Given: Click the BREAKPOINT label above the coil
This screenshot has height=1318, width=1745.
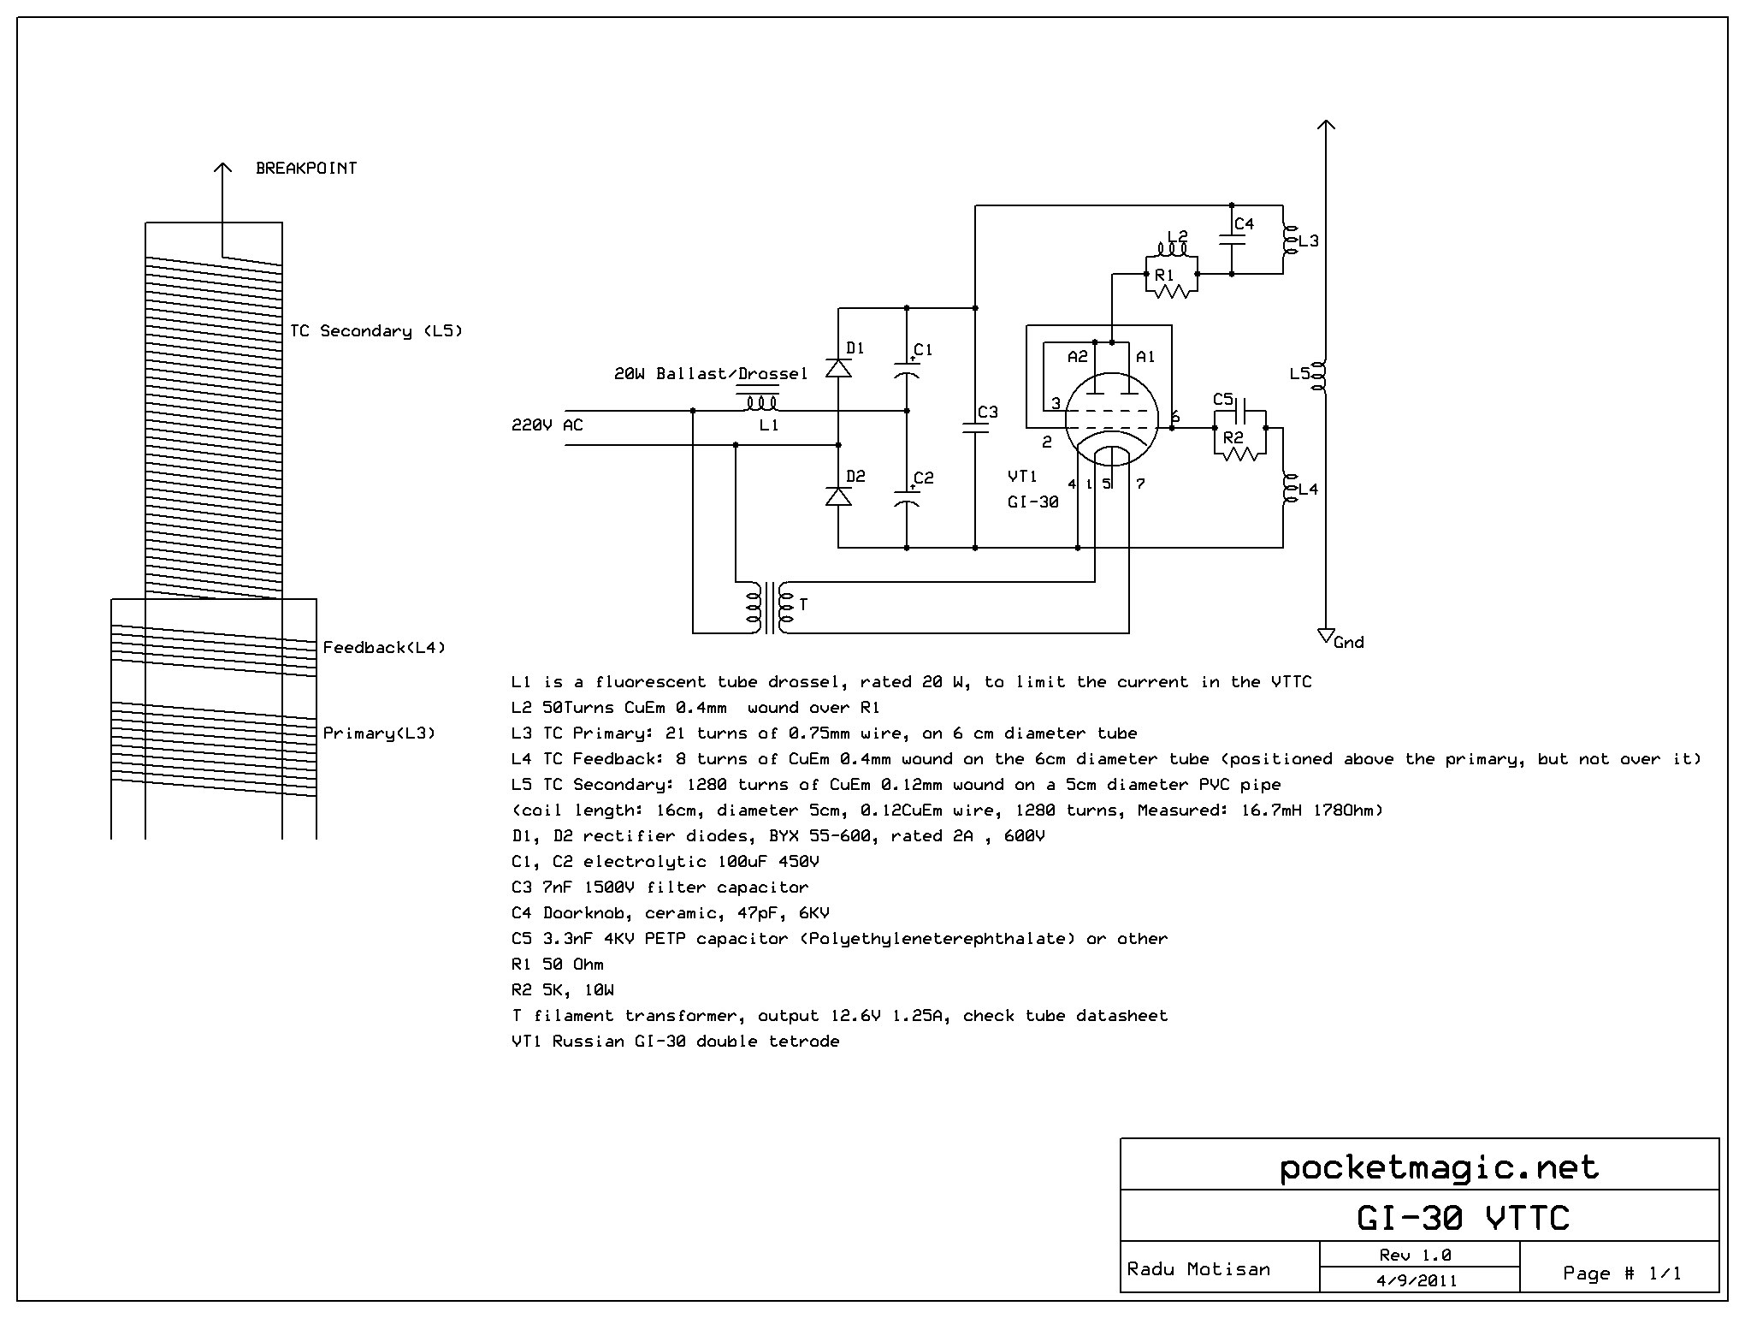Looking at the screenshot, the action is point(306,168).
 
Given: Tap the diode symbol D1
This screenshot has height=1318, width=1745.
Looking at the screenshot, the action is point(838,368).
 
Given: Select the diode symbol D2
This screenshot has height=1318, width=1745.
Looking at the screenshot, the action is point(838,496).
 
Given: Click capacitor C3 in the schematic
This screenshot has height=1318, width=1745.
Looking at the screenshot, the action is point(975,428).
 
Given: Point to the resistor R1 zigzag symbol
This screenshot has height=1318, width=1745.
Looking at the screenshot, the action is point(1172,291).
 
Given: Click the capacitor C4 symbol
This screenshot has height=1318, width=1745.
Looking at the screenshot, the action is point(1232,240).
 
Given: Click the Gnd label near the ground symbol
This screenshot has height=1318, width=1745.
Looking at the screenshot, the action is point(1349,643).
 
